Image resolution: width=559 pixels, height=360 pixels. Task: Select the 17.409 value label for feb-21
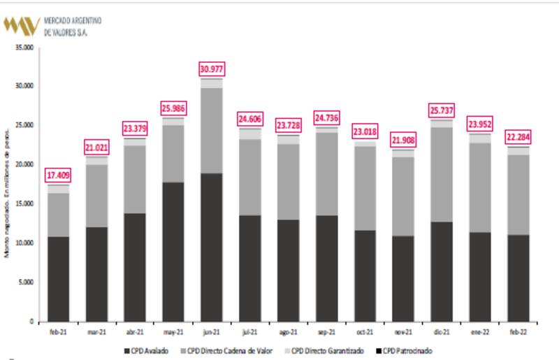pyautogui.click(x=59, y=175)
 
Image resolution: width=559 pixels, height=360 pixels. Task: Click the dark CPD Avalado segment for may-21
pyautogui.click(x=173, y=252)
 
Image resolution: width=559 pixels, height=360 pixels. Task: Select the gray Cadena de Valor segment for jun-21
pyautogui.click(x=210, y=131)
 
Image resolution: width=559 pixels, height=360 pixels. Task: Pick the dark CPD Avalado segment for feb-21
pyautogui.click(x=59, y=279)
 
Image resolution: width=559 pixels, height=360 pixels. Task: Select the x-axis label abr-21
pyautogui.click(x=134, y=333)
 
